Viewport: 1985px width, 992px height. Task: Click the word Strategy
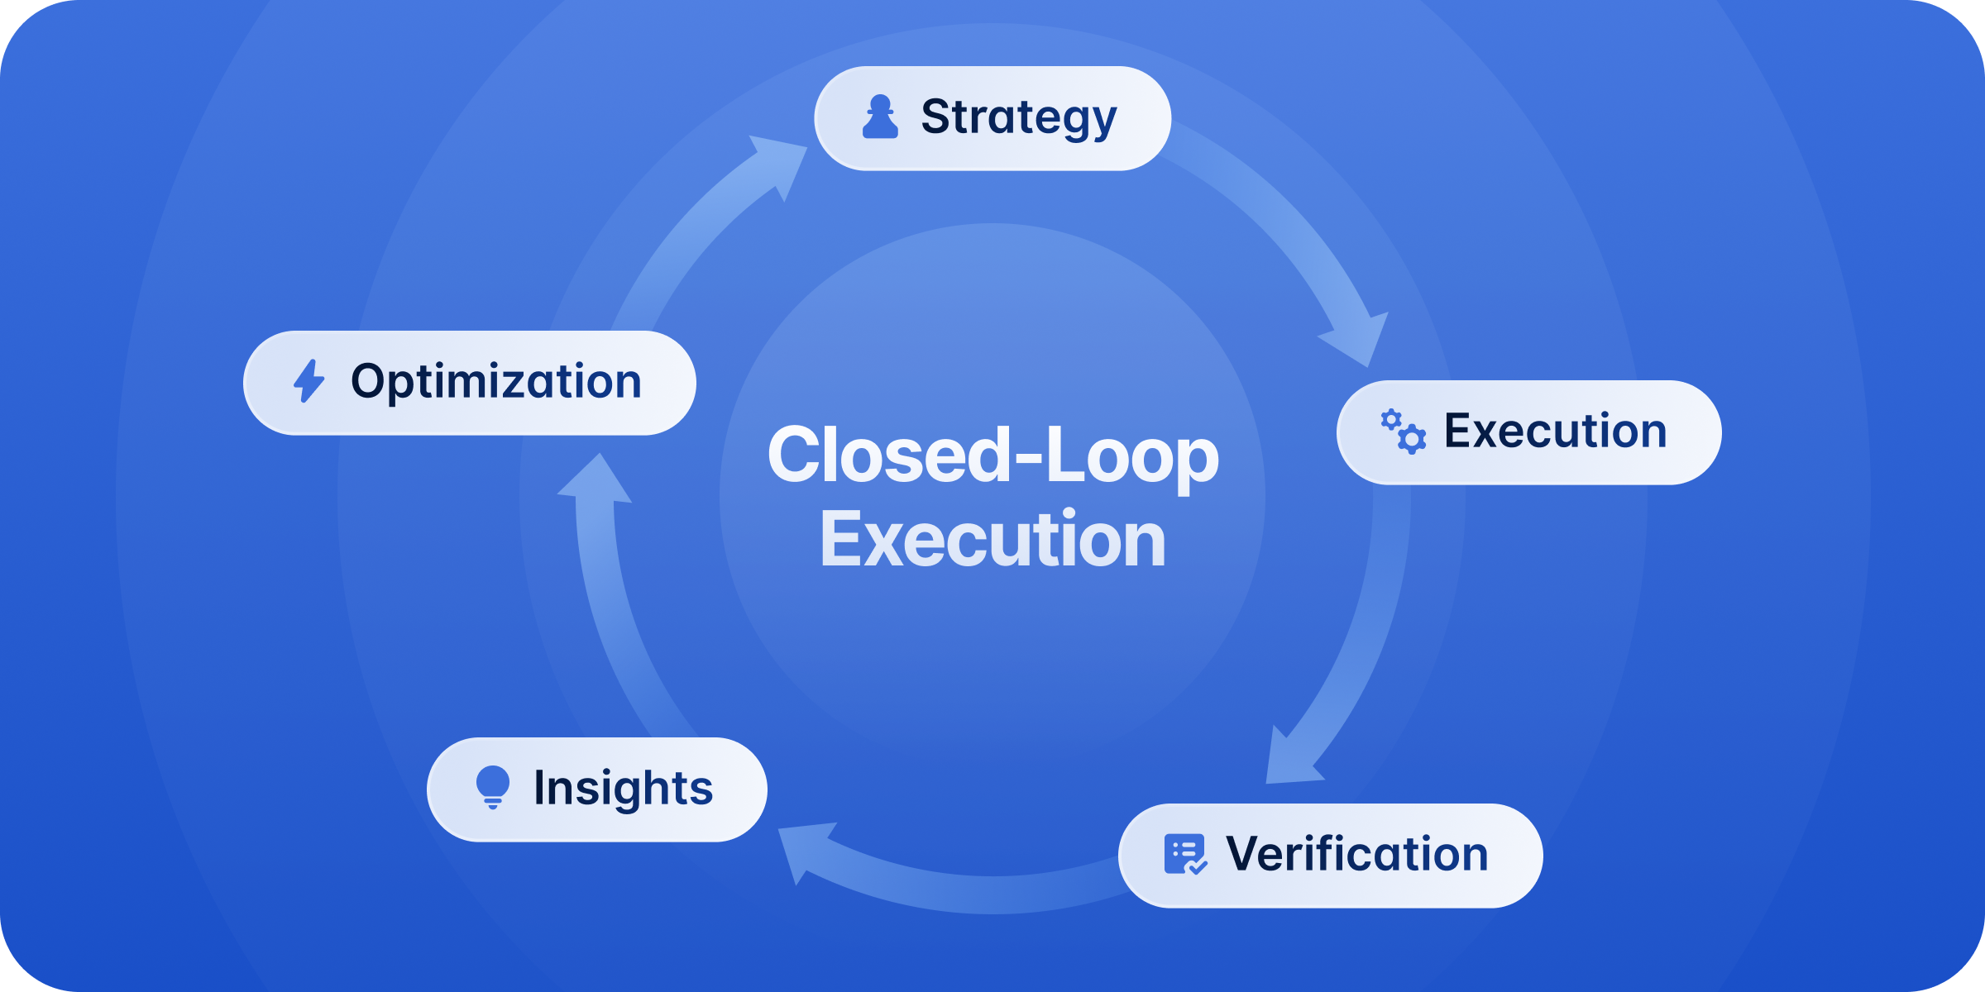tap(1018, 118)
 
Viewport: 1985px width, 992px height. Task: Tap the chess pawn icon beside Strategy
tap(880, 117)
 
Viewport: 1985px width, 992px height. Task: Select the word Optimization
tap(496, 382)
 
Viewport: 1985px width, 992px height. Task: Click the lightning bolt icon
tap(309, 381)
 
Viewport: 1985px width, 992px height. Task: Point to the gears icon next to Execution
tap(1404, 432)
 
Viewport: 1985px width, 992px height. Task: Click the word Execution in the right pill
tap(1555, 432)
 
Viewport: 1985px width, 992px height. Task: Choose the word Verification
tap(1356, 854)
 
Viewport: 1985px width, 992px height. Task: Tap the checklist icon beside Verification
tap(1185, 854)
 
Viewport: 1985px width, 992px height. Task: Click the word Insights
tap(623, 788)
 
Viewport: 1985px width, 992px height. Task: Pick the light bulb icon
tap(493, 786)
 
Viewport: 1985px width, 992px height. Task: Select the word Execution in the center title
tap(992, 540)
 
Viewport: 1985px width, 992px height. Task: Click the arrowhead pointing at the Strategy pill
tap(780, 163)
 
